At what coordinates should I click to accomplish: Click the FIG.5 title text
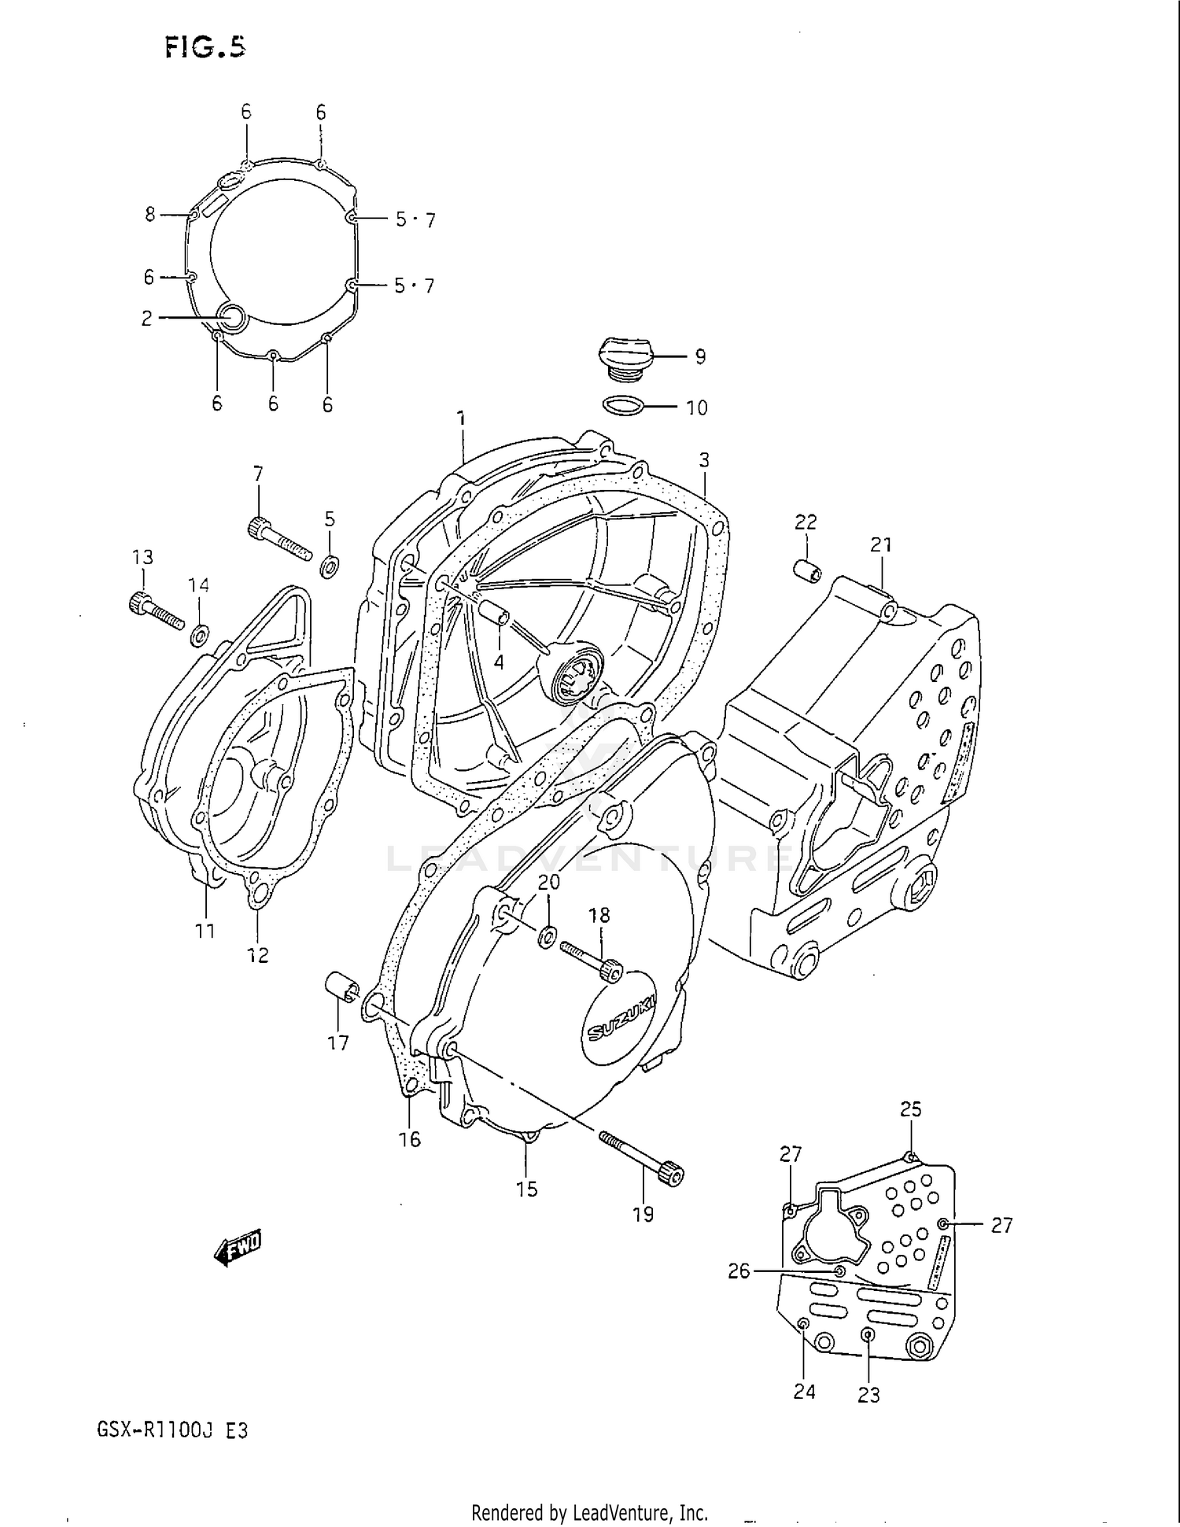point(205,48)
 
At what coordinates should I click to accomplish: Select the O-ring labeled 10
point(623,406)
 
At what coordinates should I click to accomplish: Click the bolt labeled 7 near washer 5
point(279,540)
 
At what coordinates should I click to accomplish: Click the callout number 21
point(881,544)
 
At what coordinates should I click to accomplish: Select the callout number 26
point(739,1271)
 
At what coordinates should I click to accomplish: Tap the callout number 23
point(868,1396)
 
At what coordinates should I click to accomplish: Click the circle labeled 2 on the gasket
point(233,317)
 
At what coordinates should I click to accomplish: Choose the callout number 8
point(150,214)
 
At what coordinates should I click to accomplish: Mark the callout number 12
point(258,955)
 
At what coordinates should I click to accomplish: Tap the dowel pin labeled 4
point(496,613)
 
